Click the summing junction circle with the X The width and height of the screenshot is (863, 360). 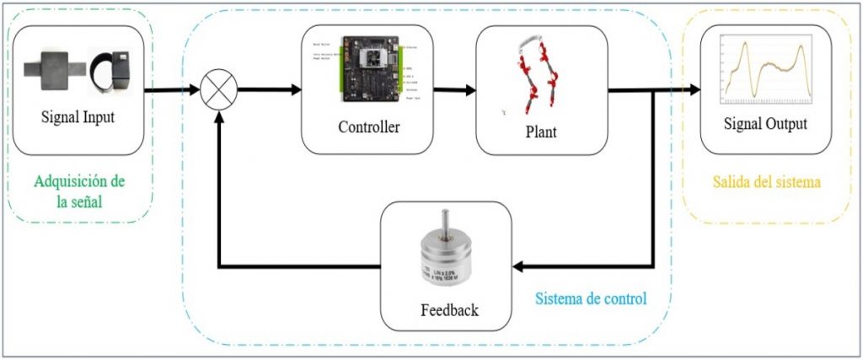tap(219, 89)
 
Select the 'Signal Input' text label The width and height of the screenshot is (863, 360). tap(78, 117)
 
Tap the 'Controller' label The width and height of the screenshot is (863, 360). tap(368, 128)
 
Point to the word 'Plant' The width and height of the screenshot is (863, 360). tap(540, 132)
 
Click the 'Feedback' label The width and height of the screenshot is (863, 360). tap(449, 309)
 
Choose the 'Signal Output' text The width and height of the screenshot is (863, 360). tap(765, 124)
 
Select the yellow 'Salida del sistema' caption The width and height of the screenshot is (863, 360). tap(765, 182)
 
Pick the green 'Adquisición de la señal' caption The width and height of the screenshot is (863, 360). tap(79, 192)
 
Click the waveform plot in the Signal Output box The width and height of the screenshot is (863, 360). tap(765, 72)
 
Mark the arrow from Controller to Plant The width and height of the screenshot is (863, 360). tap(455, 89)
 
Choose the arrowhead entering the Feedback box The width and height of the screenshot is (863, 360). tap(520, 267)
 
